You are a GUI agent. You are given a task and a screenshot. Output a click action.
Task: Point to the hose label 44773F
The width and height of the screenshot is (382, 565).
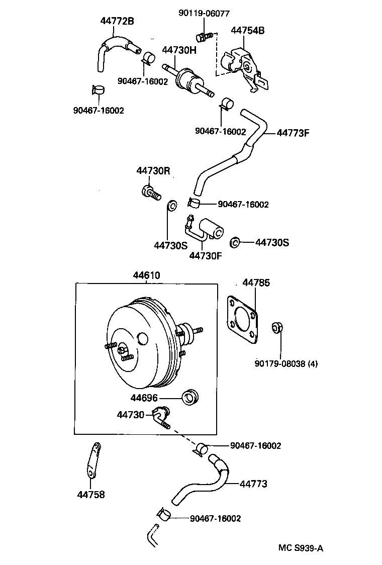point(293,133)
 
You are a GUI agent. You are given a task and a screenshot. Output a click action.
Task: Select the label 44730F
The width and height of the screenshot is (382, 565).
point(206,256)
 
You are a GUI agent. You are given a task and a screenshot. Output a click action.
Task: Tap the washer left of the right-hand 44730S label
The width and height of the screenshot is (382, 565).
point(234,243)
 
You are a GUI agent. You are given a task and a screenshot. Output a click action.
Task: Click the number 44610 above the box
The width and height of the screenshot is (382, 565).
point(146,275)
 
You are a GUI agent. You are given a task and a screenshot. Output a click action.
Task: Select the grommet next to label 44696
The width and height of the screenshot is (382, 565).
point(190,398)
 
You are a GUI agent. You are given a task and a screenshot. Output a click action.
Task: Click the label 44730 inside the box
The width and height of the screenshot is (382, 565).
point(131,415)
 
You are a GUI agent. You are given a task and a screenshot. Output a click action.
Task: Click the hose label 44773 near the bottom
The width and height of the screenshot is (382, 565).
point(253,484)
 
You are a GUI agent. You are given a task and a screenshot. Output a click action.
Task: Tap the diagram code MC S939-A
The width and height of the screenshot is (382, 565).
point(301,548)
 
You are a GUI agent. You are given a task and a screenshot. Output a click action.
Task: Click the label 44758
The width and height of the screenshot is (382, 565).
point(91,495)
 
